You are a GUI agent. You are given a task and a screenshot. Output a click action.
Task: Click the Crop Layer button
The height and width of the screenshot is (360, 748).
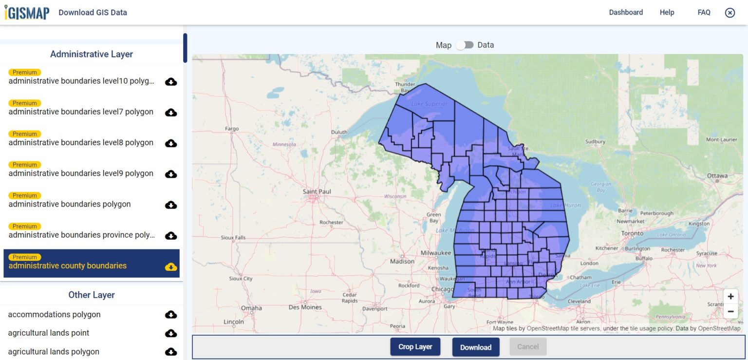(x=415, y=347)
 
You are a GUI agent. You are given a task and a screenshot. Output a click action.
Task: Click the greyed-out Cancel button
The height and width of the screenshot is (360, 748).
(x=528, y=347)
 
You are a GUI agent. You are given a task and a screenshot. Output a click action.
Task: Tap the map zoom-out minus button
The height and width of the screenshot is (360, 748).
(x=730, y=311)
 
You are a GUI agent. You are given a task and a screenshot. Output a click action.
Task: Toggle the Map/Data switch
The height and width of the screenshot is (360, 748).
(x=465, y=45)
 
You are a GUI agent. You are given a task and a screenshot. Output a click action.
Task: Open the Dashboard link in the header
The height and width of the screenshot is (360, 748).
(x=626, y=12)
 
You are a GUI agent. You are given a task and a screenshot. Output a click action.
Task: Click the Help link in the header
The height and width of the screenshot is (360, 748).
(x=667, y=12)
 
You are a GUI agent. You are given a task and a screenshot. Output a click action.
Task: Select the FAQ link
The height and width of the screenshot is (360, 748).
(x=704, y=12)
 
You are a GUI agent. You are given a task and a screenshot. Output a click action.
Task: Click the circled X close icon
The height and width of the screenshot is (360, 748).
(x=729, y=13)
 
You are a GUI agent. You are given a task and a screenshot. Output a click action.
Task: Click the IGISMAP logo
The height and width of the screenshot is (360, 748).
(x=27, y=12)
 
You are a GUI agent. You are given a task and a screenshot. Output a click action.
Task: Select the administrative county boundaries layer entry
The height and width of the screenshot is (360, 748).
(x=68, y=265)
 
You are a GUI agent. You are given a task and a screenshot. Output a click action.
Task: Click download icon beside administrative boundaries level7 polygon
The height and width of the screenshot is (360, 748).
(x=171, y=113)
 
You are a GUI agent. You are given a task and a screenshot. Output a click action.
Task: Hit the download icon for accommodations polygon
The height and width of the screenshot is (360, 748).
(x=171, y=315)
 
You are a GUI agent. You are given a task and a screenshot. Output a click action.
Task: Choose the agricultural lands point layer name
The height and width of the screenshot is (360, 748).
(x=49, y=333)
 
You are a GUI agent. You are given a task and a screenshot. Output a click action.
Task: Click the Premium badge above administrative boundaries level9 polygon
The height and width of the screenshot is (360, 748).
(x=25, y=165)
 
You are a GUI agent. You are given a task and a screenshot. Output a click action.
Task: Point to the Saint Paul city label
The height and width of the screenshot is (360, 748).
(x=317, y=191)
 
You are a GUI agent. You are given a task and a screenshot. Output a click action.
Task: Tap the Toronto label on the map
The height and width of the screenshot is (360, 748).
(x=632, y=234)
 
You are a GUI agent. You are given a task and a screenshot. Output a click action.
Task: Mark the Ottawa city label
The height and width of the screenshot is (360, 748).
(x=717, y=175)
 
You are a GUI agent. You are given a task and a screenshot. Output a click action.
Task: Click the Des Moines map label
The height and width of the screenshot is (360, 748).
(x=305, y=307)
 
